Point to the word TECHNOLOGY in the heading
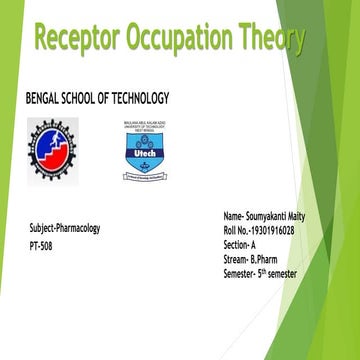[136, 97]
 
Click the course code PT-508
[41, 244]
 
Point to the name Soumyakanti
[270, 216]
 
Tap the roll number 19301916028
[287, 230]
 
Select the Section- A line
[241, 244]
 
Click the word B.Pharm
[265, 258]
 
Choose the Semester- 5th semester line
[260, 272]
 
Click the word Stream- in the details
[237, 258]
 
